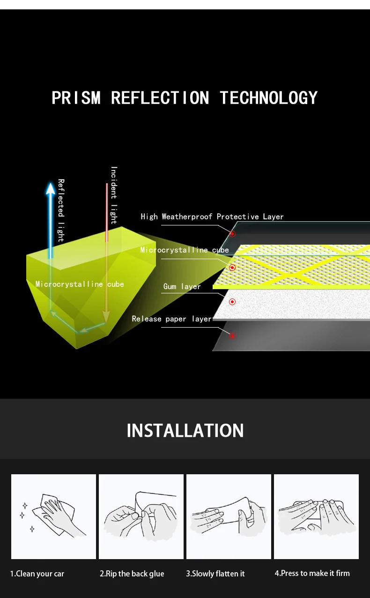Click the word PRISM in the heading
pos(76,98)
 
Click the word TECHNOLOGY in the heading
pos(268,98)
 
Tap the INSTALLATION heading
pos(185,431)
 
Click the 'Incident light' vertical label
pos(114,195)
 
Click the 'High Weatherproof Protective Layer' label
pos(212,217)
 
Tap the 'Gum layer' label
pos(182,286)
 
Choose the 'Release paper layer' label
pos(172,319)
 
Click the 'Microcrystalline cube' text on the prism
pos(80,284)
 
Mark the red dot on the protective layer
pos(232,233)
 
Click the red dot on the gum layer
pos(232,301)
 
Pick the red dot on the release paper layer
pos(232,336)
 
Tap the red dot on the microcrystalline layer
pos(232,268)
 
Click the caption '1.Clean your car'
pos(37,574)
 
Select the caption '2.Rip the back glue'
pos(132,574)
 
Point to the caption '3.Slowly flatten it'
pos(215,574)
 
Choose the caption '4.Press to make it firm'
pos(312,573)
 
